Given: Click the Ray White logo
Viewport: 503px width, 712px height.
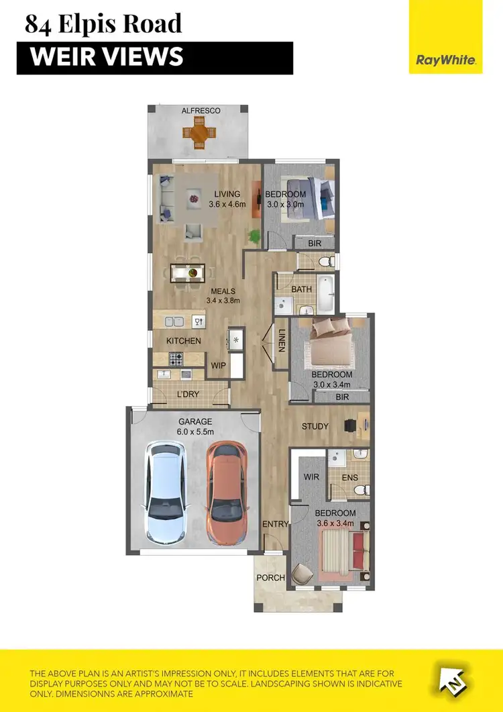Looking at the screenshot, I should pyautogui.click(x=445, y=60).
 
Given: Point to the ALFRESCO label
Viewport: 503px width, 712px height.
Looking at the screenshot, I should pyautogui.click(x=201, y=111).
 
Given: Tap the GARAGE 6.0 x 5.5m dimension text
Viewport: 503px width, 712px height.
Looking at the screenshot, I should pyautogui.click(x=194, y=427).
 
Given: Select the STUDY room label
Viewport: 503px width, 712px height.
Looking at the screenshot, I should pyautogui.click(x=315, y=426).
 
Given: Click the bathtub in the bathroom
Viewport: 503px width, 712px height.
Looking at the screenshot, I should pyautogui.click(x=325, y=295).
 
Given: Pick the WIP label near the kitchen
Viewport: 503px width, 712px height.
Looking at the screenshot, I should pyautogui.click(x=218, y=366).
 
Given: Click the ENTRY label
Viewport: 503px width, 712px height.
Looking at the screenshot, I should pyautogui.click(x=276, y=524).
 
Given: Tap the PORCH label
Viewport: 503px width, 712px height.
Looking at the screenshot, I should pyautogui.click(x=271, y=578).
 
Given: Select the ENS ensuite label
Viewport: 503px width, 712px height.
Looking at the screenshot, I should pyautogui.click(x=349, y=478).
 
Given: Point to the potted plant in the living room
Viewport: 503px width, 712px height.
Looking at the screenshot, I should pyautogui.click(x=254, y=236).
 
